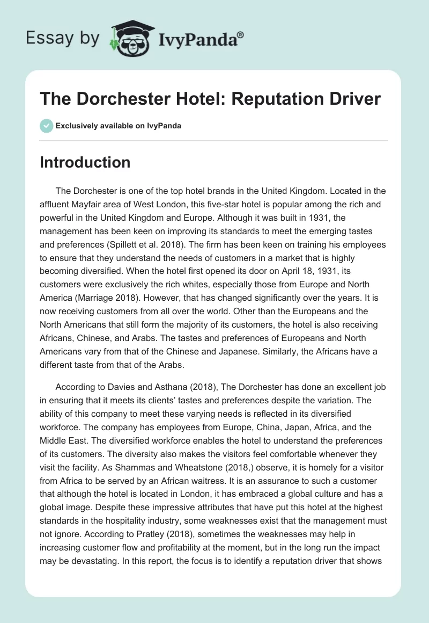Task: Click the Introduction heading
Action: (85, 162)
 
